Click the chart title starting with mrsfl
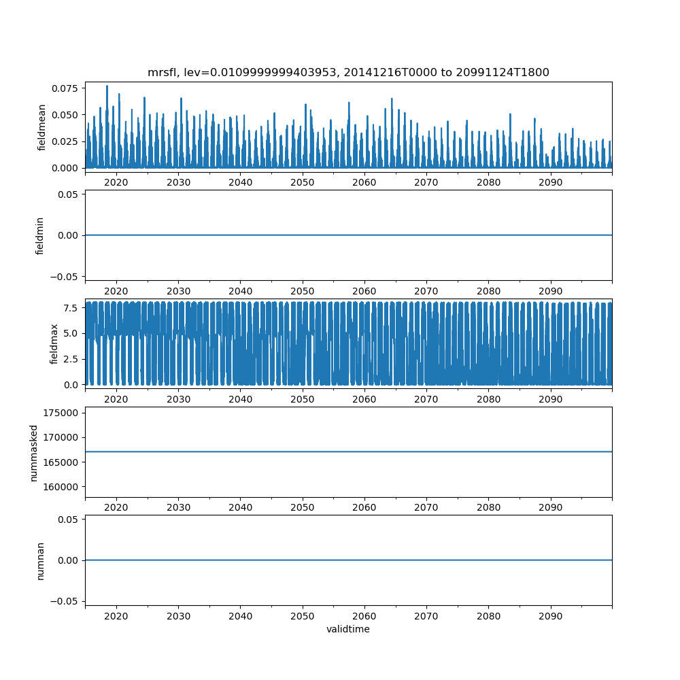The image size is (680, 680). (x=348, y=72)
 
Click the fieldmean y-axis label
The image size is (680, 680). (x=41, y=127)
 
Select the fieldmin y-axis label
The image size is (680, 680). (x=40, y=235)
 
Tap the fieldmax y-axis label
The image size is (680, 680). (x=54, y=343)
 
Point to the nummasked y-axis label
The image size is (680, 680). (x=33, y=452)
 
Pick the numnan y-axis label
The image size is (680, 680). (x=40, y=560)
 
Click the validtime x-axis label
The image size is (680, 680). (x=348, y=629)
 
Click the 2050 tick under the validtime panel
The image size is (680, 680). (x=303, y=617)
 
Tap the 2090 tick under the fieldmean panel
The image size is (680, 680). (x=550, y=184)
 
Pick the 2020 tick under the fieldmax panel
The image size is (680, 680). (x=116, y=400)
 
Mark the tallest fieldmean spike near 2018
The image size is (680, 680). (x=107, y=86)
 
